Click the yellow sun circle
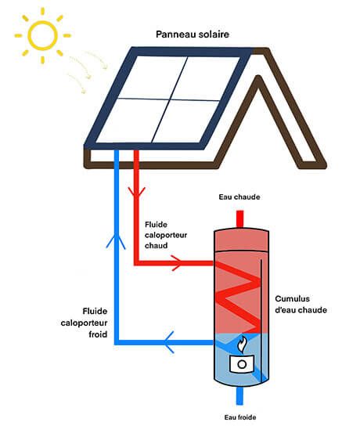pyautogui.click(x=41, y=35)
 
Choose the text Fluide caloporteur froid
pyautogui.click(x=78, y=321)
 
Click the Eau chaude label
pyautogui.click(x=240, y=197)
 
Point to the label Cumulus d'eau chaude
pyautogui.click(x=301, y=304)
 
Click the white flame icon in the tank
pyautogui.click(x=242, y=345)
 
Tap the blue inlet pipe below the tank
pyautogui.click(x=240, y=399)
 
